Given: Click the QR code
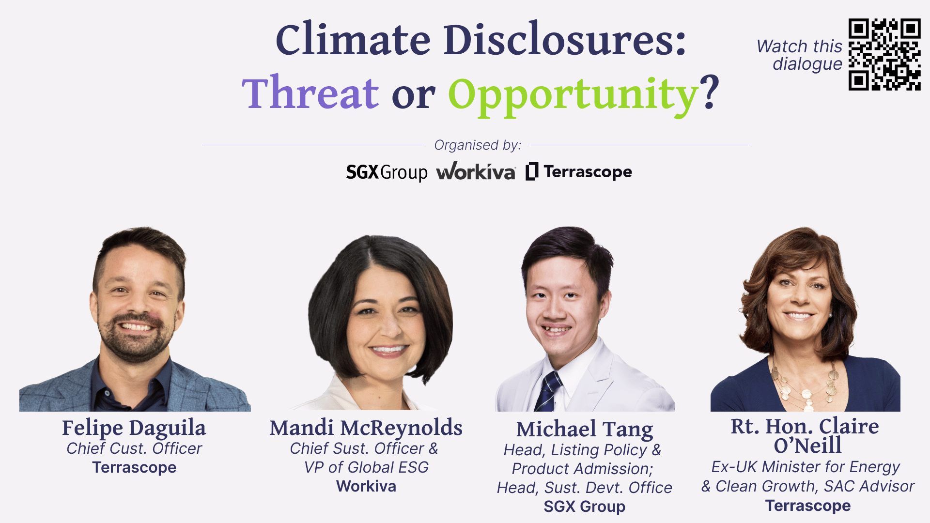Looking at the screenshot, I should pyautogui.click(x=884, y=54).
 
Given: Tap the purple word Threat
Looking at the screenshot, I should pyautogui.click(x=310, y=93).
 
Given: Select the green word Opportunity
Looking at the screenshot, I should pyautogui.click(x=573, y=95).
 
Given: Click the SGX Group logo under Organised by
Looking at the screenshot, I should pyautogui.click(x=387, y=172).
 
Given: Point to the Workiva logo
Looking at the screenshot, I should pyautogui.click(x=476, y=171).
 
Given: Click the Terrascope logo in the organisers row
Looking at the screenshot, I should pyautogui.click(x=579, y=171).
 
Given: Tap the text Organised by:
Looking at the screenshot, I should pyautogui.click(x=477, y=145).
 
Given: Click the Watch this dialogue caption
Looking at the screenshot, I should pyautogui.click(x=800, y=55).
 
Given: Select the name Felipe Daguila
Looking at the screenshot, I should pyautogui.click(x=134, y=428).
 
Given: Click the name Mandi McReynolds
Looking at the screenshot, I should pyautogui.click(x=366, y=428).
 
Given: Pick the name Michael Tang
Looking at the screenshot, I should pyautogui.click(x=584, y=429).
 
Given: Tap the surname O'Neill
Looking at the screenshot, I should pyautogui.click(x=807, y=445).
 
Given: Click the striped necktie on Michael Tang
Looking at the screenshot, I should pyautogui.click(x=548, y=390).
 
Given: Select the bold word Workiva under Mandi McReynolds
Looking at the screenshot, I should pyautogui.click(x=366, y=486).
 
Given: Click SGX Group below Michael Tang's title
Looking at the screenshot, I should pyautogui.click(x=584, y=507).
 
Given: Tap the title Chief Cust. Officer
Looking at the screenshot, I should pyautogui.click(x=134, y=448).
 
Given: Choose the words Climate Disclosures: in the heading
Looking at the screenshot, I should pyautogui.click(x=480, y=40).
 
